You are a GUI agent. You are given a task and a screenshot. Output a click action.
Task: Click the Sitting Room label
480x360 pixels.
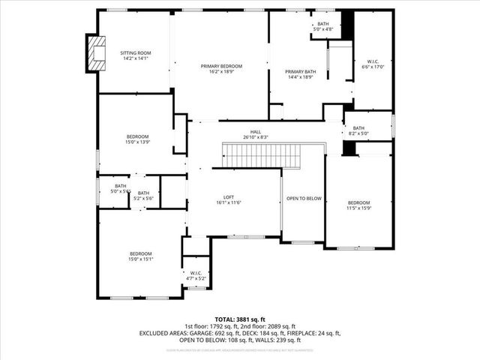136,53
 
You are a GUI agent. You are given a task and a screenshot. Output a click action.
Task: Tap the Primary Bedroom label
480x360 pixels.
220,66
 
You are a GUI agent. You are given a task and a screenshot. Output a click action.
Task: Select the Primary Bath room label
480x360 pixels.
300,72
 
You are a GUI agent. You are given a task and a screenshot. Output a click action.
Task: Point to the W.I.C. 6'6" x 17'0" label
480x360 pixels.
373,63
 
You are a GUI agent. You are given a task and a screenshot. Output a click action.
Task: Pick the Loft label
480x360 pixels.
218,197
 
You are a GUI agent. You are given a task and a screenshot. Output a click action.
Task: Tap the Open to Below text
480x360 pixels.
304,199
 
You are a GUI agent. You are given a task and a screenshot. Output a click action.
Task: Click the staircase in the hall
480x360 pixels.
262,155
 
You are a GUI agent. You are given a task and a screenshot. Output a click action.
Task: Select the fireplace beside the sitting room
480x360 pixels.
95,53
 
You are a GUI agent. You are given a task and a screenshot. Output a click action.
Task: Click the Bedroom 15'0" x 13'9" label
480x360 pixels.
136,139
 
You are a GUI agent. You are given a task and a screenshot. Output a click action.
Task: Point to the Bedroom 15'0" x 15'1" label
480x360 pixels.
141,256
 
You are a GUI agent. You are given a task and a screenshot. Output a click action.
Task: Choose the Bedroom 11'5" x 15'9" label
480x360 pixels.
358,205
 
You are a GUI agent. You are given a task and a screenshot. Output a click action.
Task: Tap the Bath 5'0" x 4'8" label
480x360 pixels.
323,27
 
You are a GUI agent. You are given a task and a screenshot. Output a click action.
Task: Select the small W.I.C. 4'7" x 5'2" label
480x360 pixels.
196,275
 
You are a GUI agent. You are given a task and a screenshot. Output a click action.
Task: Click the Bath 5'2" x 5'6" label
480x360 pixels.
143,195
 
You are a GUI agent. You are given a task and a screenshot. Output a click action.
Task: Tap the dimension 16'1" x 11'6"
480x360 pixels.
218,202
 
